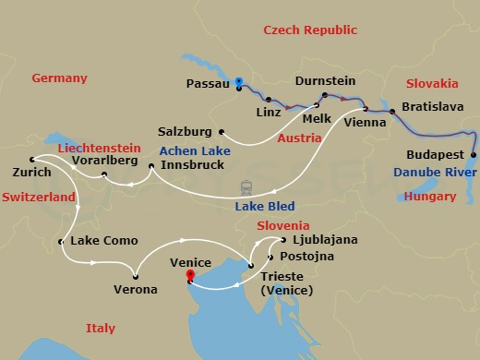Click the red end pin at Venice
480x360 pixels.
190,275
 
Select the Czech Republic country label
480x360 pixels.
310,30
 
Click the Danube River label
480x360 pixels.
435,173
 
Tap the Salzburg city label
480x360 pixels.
186,132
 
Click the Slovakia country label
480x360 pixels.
431,83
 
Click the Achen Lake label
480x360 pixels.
197,150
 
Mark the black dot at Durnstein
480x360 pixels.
325,94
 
